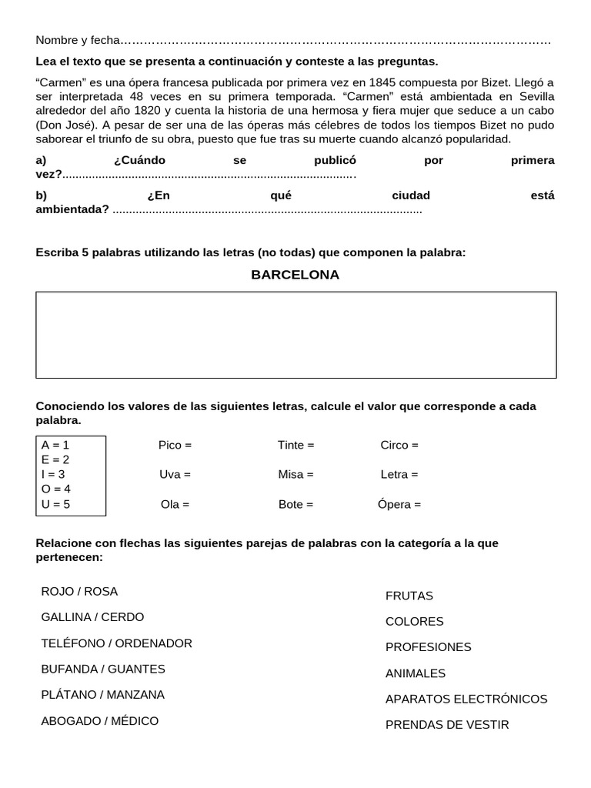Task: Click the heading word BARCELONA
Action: pyautogui.click(x=295, y=275)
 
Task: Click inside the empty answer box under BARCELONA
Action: pyautogui.click(x=295, y=335)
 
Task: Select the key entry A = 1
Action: pyautogui.click(x=55, y=445)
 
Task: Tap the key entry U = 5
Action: pyautogui.click(x=55, y=504)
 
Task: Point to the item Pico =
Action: pyautogui.click(x=175, y=445)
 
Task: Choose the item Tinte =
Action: pyautogui.click(x=295, y=445)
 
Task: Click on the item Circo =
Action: pyautogui.click(x=399, y=445)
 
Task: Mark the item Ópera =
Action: pyautogui.click(x=399, y=505)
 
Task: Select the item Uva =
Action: pyautogui.click(x=175, y=475)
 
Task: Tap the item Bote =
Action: pyautogui.click(x=295, y=505)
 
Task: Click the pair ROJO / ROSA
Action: pyautogui.click(x=79, y=591)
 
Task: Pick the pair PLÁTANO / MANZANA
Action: pyautogui.click(x=102, y=694)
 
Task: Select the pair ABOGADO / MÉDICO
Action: pyautogui.click(x=99, y=721)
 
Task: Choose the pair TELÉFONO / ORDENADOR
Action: pyautogui.click(x=116, y=643)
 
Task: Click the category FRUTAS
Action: pyautogui.click(x=409, y=596)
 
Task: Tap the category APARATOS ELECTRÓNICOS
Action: pyautogui.click(x=466, y=699)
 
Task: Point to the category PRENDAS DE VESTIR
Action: pyautogui.click(x=447, y=725)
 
